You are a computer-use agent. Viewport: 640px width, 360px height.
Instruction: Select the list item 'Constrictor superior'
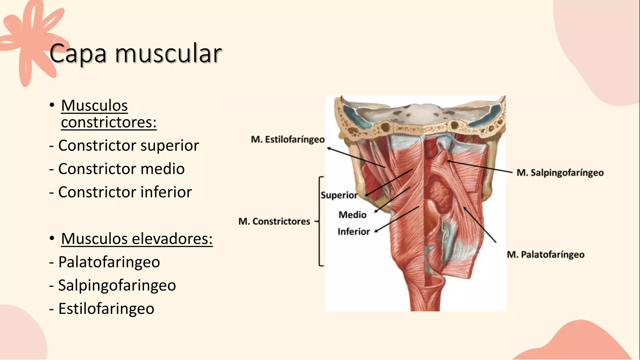pyautogui.click(x=128, y=145)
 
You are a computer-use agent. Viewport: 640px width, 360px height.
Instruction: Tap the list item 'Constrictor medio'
pyautogui.click(x=121, y=169)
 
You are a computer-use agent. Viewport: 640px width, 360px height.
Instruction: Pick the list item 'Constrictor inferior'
pyautogui.click(x=125, y=192)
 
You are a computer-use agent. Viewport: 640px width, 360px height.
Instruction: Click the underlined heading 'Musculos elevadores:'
pyautogui.click(x=137, y=239)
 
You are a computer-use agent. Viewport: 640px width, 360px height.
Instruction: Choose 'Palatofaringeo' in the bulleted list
pyautogui.click(x=109, y=262)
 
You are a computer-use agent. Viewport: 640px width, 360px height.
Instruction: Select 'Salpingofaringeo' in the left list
pyautogui.click(x=117, y=285)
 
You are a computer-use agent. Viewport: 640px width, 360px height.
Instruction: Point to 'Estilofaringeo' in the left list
pyautogui.click(x=106, y=309)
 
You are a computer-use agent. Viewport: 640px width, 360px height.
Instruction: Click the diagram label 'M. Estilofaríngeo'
pyautogui.click(x=288, y=139)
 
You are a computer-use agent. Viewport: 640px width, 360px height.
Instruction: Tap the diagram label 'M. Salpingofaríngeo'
pyautogui.click(x=560, y=172)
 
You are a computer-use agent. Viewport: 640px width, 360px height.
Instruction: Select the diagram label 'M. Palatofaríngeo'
pyautogui.click(x=546, y=255)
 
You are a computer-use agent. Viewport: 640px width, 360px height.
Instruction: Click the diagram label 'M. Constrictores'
pyautogui.click(x=274, y=222)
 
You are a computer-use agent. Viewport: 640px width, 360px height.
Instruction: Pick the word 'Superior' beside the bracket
pyautogui.click(x=339, y=195)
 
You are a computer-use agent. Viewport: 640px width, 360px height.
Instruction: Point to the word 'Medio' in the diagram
pyautogui.click(x=352, y=215)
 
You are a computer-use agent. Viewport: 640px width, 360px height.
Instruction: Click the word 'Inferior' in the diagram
pyautogui.click(x=354, y=232)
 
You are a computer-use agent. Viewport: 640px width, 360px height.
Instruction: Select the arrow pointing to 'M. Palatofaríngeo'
pyautogui.click(x=480, y=224)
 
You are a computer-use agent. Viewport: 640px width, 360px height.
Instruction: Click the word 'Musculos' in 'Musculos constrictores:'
pyautogui.click(x=94, y=106)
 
